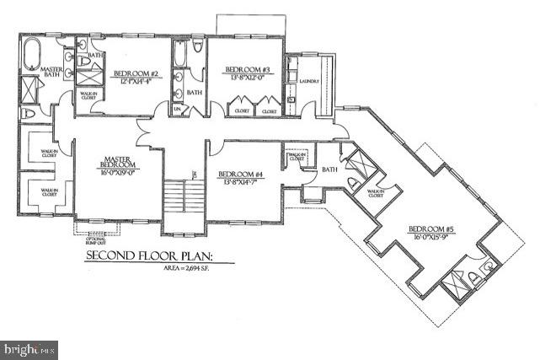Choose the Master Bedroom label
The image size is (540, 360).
[116, 160]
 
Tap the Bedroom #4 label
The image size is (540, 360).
[240, 175]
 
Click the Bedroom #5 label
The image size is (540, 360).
[431, 229]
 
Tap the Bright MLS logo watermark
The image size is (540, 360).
[30, 347]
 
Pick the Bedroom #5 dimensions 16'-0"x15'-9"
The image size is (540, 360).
[431, 238]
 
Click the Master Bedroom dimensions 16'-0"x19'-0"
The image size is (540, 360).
[116, 171]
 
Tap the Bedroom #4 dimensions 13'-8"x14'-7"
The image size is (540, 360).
[240, 182]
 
